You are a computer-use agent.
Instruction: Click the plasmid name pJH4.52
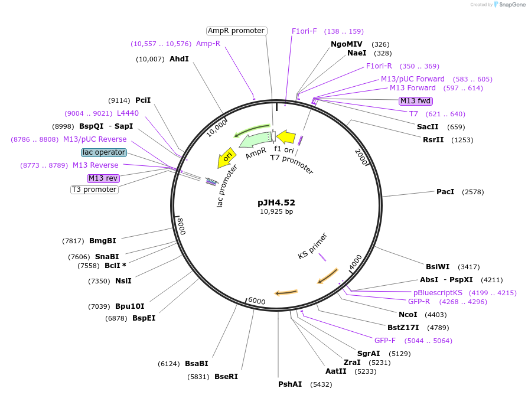(x=276, y=202)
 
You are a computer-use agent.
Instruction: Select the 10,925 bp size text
(x=276, y=211)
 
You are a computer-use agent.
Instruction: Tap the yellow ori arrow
(x=226, y=157)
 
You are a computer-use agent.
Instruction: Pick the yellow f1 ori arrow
(x=286, y=137)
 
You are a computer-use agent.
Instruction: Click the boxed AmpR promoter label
(x=236, y=31)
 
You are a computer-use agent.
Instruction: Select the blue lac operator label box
(x=104, y=152)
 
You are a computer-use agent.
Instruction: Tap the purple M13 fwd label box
(x=416, y=101)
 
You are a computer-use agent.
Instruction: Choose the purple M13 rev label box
(x=103, y=178)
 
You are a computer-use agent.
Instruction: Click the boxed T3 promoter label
(x=94, y=190)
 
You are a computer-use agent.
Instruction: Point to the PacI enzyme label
(x=445, y=192)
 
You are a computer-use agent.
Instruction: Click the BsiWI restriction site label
(x=438, y=266)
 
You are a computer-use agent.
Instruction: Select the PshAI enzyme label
(x=290, y=384)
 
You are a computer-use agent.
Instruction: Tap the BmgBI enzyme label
(x=102, y=241)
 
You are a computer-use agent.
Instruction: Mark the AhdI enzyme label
(x=179, y=59)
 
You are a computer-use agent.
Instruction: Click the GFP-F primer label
(x=385, y=341)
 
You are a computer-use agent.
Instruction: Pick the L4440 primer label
(x=128, y=113)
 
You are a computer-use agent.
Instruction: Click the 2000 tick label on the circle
(x=361, y=156)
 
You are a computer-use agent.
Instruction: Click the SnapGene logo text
(x=511, y=5)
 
